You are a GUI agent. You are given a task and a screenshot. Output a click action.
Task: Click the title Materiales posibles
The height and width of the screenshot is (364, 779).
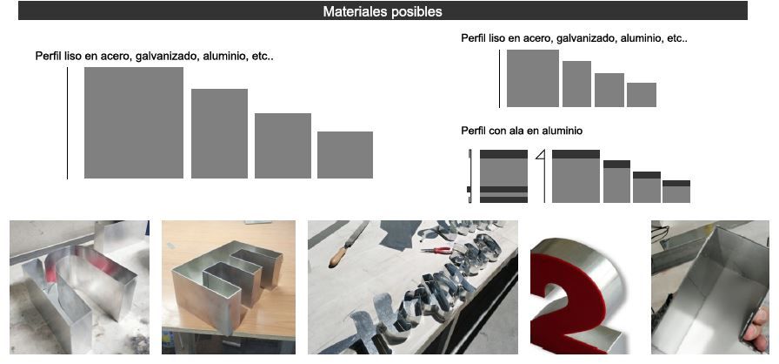coord(382,11)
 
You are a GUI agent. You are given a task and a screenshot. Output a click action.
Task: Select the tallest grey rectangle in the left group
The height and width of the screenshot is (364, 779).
coord(134,122)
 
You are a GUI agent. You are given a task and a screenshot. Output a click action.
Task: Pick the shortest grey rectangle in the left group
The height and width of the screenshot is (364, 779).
coord(345,155)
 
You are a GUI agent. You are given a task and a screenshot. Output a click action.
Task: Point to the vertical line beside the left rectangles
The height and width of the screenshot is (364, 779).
coord(67,123)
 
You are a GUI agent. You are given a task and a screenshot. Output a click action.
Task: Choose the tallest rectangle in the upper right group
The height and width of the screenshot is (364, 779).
coord(533,78)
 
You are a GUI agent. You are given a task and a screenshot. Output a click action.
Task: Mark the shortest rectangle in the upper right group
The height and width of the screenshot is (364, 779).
coord(642,94)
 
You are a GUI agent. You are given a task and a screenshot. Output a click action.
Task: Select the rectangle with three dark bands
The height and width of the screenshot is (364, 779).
coord(503,176)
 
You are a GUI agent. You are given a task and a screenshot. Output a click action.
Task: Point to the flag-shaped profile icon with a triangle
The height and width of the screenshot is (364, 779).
coord(542,176)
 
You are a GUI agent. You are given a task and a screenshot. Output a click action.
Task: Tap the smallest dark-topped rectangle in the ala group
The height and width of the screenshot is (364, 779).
coord(676,192)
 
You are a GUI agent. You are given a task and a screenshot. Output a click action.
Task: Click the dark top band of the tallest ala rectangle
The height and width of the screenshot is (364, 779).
coord(576,154)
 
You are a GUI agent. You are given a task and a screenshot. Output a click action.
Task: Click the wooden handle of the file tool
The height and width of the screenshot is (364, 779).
coord(338,256)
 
